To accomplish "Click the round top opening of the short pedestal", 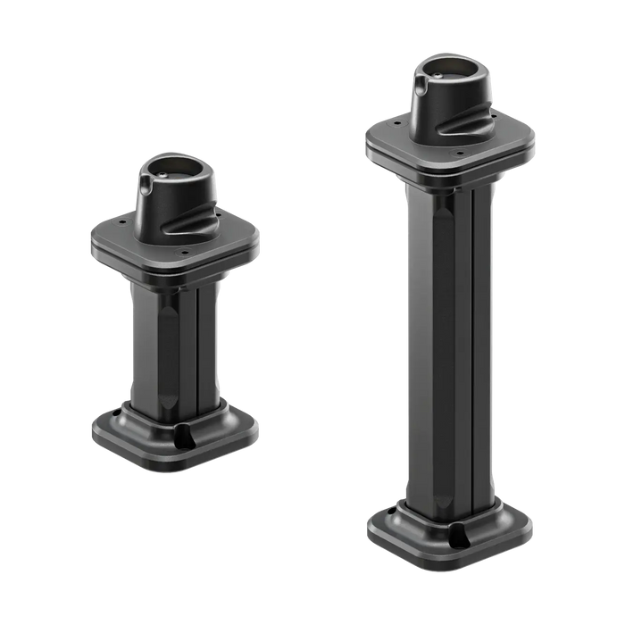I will tap(176, 165).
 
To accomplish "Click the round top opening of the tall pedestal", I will tap(451, 67).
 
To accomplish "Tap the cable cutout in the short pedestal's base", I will tap(187, 437).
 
